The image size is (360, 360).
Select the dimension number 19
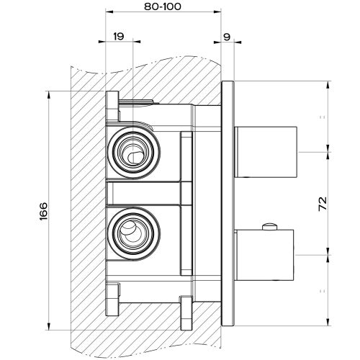[x=119, y=35]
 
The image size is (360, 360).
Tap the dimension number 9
[x=227, y=35]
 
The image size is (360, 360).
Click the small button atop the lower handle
[x=270, y=228]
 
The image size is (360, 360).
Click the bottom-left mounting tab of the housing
[x=112, y=295]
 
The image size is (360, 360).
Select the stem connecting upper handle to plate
[x=238, y=150]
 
